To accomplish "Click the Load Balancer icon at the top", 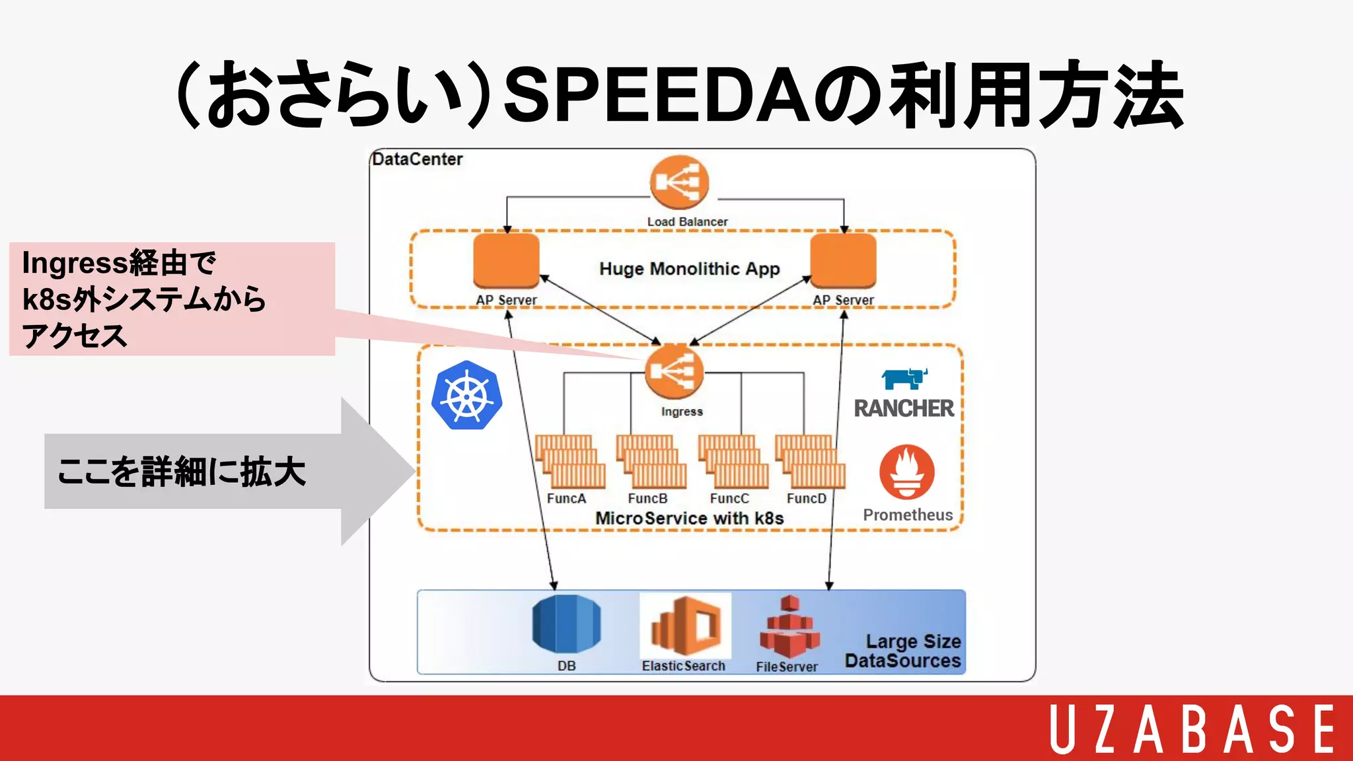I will [x=679, y=182].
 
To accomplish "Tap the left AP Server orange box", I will [x=507, y=261].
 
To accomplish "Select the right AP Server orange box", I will [x=844, y=261].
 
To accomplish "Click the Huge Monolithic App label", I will [x=690, y=269].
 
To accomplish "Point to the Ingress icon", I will [x=675, y=371].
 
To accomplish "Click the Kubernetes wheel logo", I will [x=467, y=396].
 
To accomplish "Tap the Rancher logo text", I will [x=904, y=408].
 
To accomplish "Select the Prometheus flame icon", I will [x=907, y=472].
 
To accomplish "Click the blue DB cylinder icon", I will [x=566, y=624].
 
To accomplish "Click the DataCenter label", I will [x=418, y=159].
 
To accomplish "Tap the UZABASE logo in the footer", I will [x=1192, y=729].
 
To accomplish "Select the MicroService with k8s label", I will [x=689, y=519].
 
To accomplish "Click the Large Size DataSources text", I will [x=903, y=651].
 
